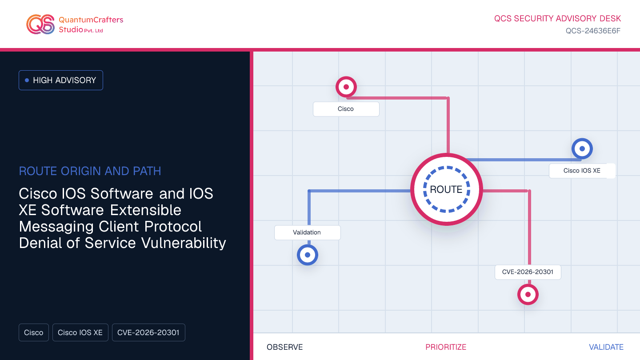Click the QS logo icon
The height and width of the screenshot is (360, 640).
[40, 24]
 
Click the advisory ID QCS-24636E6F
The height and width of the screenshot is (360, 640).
[593, 31]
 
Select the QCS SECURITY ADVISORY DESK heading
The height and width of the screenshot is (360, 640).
[557, 19]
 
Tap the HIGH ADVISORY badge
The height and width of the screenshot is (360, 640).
[61, 80]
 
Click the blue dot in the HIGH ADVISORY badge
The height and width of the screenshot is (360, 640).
[27, 80]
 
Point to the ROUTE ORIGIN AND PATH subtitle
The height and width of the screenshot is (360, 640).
[90, 171]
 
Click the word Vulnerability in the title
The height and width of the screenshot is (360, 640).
[184, 243]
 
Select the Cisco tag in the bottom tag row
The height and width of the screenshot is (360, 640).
[34, 332]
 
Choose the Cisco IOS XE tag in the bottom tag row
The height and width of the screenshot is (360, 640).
[80, 332]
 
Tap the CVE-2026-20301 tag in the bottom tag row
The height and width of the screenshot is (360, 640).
[148, 332]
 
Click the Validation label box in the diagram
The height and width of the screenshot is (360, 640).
[308, 232]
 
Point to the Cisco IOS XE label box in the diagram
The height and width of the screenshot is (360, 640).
[582, 171]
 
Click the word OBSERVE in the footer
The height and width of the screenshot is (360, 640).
[284, 347]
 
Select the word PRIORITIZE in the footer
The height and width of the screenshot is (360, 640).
[446, 347]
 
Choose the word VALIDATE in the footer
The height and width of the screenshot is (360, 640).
[606, 347]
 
